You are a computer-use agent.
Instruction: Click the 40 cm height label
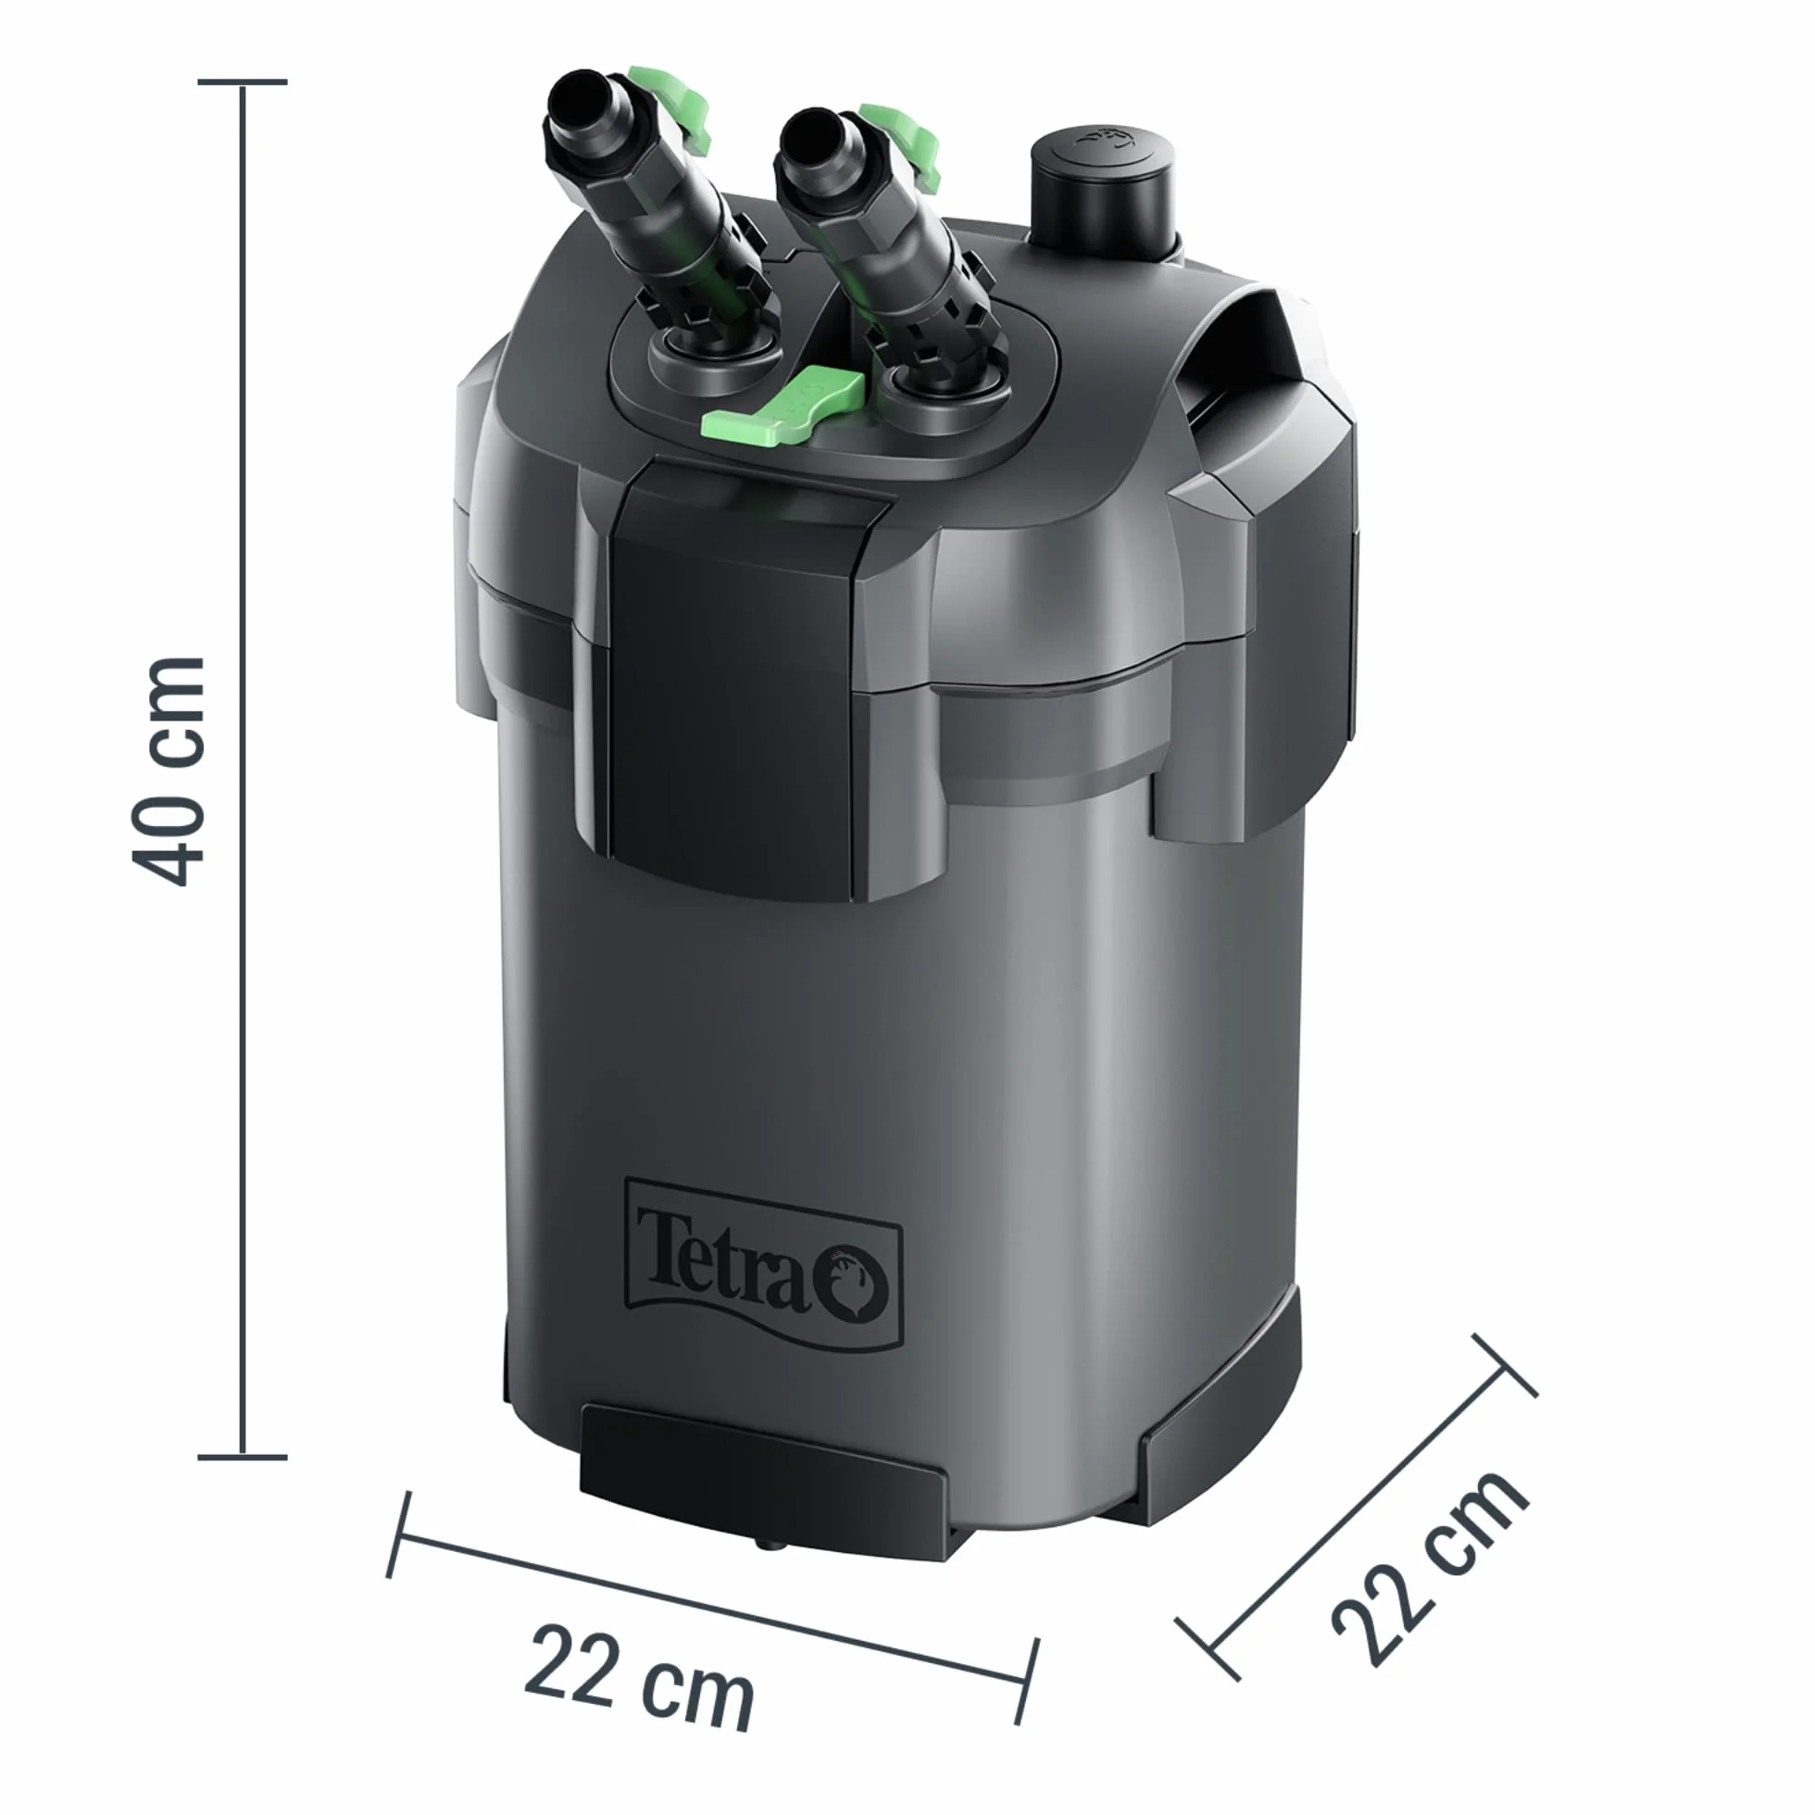pos(169,771)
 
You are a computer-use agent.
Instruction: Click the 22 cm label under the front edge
pos(640,1678)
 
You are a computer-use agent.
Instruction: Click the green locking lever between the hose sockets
pos(782,406)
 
